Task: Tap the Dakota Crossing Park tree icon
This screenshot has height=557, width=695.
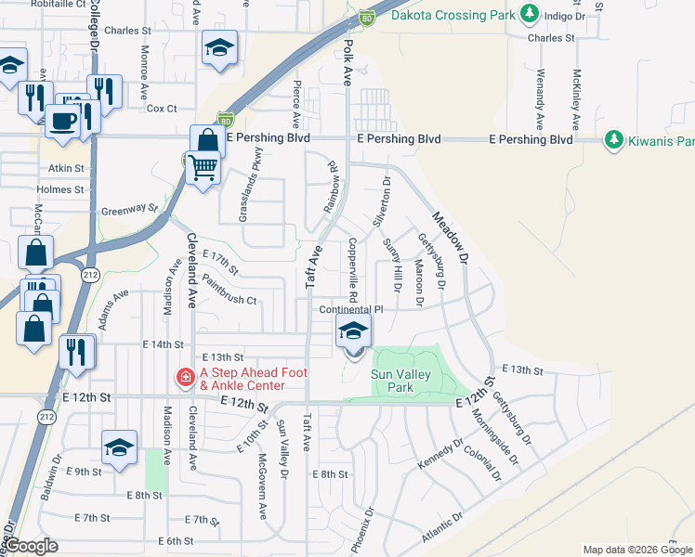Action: [x=530, y=14]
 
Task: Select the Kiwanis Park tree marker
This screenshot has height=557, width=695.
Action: [x=613, y=140]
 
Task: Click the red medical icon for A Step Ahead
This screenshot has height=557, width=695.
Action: [x=186, y=377]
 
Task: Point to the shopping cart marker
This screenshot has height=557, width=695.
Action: [x=203, y=167]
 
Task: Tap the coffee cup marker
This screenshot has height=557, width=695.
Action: [x=63, y=120]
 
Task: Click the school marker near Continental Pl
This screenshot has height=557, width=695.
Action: [x=354, y=330]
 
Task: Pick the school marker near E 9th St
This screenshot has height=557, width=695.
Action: [x=119, y=447]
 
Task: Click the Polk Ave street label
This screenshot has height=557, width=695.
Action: [x=348, y=63]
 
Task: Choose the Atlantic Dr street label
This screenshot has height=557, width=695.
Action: [x=441, y=529]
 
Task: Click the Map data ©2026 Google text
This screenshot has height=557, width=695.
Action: [x=636, y=550]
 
